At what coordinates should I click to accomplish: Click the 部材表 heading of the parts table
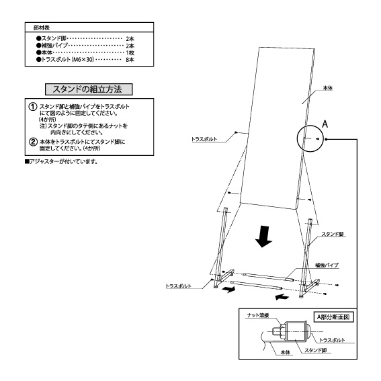click(42, 28)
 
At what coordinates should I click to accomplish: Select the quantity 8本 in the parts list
click(130, 60)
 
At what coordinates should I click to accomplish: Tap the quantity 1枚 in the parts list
click(130, 52)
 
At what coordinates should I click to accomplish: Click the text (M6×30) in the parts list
click(83, 60)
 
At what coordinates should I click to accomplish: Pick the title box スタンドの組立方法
click(89, 89)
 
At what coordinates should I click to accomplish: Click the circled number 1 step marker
click(33, 107)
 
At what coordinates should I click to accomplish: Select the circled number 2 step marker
click(33, 142)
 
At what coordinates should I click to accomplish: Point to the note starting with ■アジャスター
click(61, 161)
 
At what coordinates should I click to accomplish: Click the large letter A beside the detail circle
click(325, 124)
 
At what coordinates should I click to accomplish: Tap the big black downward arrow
click(263, 237)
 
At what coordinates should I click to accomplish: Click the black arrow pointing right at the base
click(228, 289)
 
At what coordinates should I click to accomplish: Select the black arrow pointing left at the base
click(282, 297)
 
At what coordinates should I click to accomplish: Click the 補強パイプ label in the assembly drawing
click(327, 265)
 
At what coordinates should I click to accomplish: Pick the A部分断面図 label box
click(333, 317)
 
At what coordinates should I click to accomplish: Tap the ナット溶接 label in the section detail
click(258, 315)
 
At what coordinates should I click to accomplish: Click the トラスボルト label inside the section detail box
click(332, 340)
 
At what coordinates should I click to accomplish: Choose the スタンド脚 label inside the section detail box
click(316, 350)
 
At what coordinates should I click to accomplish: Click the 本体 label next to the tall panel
click(327, 88)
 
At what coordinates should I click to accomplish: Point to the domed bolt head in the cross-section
click(307, 331)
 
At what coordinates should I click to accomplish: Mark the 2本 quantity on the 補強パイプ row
click(130, 46)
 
